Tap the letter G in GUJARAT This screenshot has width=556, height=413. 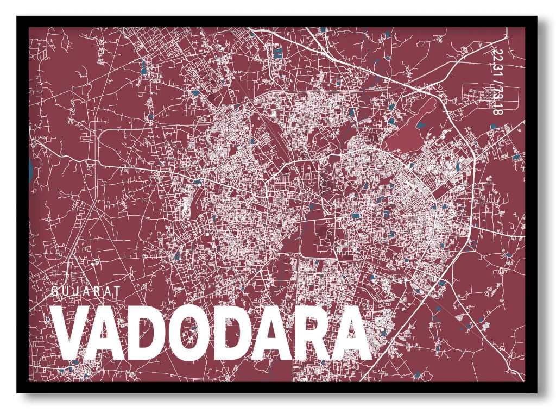click(x=55, y=291)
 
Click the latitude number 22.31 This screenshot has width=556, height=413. click(x=495, y=62)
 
